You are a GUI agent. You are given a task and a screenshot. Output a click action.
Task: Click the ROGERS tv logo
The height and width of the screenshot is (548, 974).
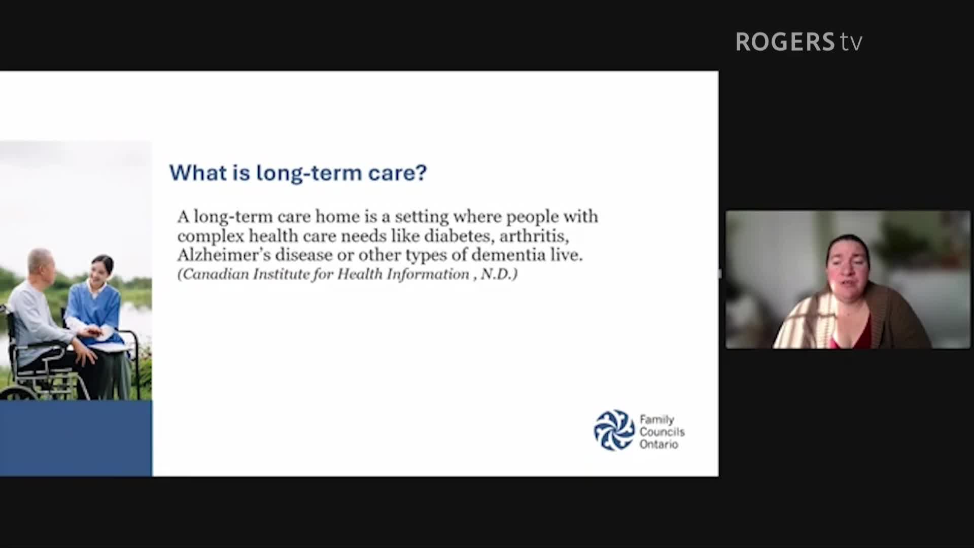799,42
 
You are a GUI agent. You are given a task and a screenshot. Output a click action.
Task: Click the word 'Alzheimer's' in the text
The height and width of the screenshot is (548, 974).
224,255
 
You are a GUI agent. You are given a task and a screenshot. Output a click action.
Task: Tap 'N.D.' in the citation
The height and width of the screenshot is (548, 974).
499,275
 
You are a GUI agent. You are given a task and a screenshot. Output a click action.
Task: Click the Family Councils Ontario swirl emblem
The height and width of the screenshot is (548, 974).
614,430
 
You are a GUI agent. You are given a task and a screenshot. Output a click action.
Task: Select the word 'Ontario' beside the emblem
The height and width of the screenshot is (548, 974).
658,444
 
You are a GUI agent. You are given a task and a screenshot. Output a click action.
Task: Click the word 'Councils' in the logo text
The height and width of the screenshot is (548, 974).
662,432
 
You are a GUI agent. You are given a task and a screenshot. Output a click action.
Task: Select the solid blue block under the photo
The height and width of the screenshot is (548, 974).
76,438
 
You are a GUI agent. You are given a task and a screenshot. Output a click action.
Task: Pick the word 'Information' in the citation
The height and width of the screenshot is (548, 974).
428,275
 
